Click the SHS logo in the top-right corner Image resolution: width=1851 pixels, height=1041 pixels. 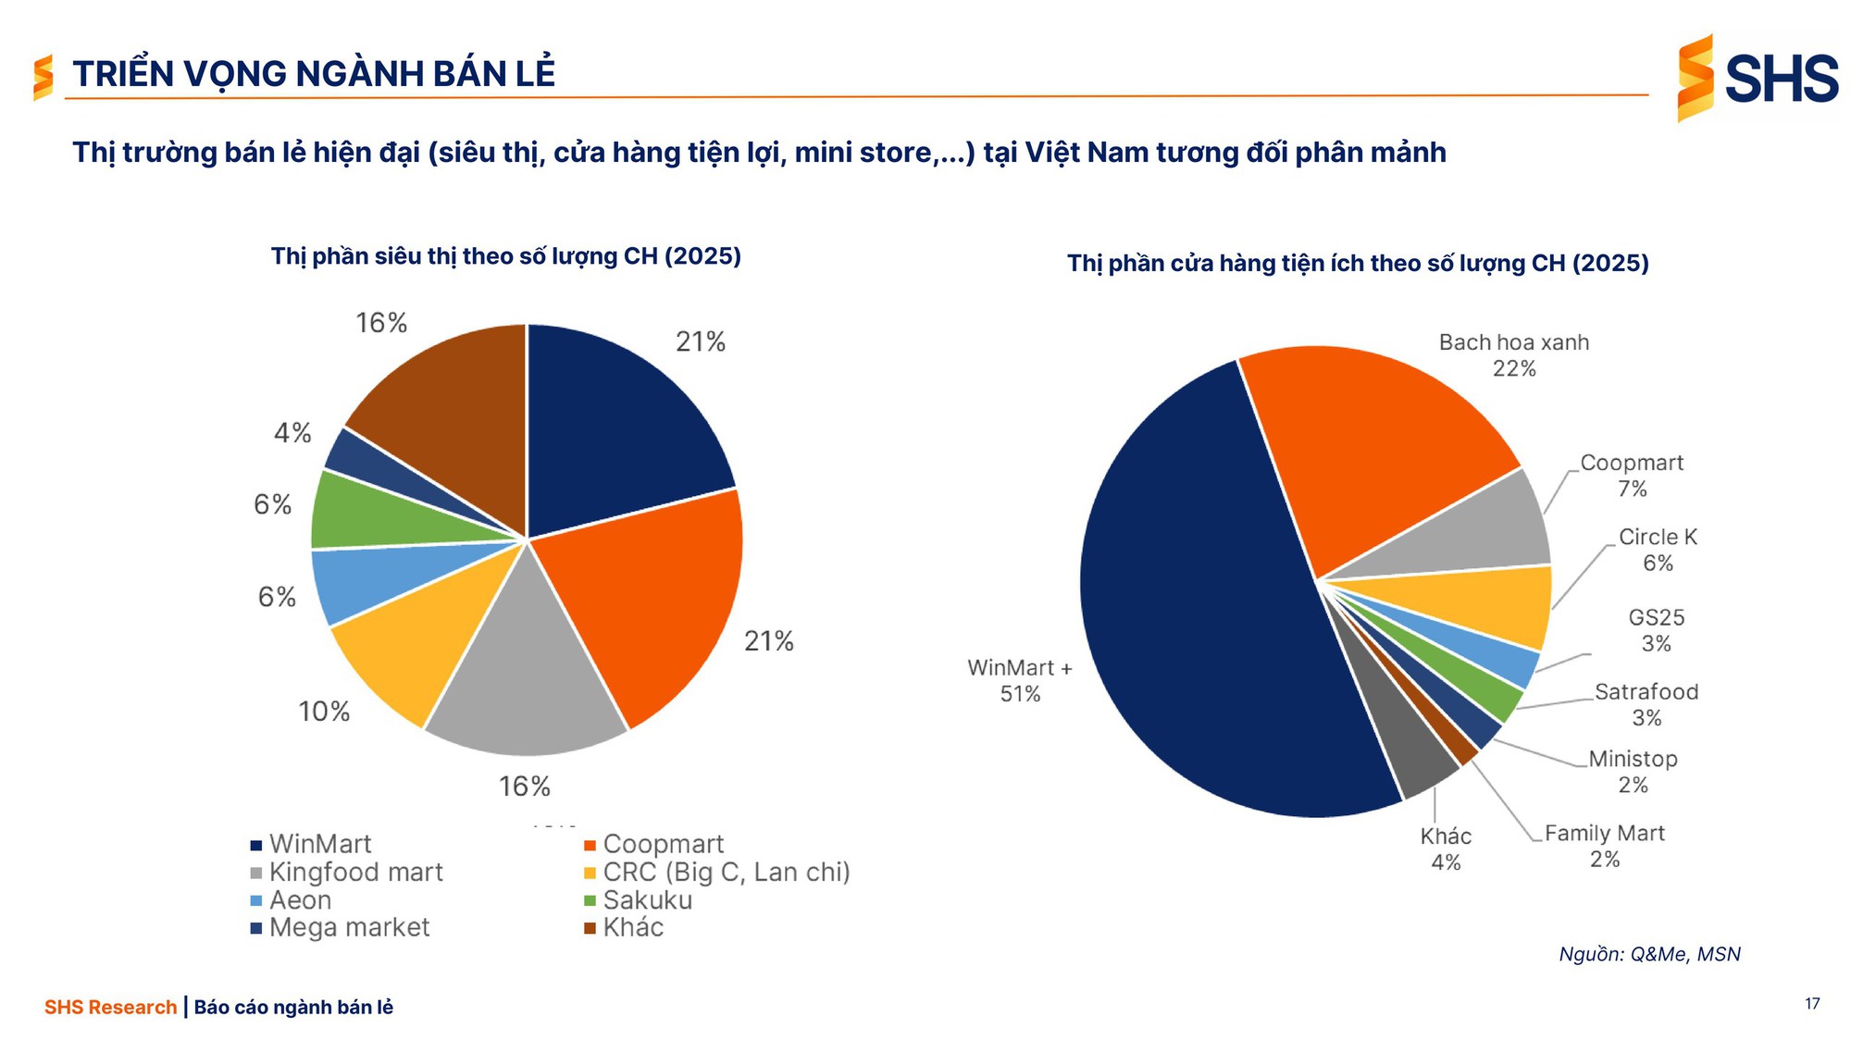(x=1757, y=78)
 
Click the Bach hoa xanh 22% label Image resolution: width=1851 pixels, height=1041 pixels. (x=1513, y=355)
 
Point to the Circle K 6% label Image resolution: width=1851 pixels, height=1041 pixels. (x=1657, y=550)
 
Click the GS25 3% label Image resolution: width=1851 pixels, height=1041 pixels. (x=1656, y=630)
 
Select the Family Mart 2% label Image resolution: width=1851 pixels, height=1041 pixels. (x=1604, y=846)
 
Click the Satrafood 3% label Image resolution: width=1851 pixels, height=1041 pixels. (x=1646, y=704)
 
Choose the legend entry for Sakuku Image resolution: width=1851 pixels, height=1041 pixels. (x=647, y=900)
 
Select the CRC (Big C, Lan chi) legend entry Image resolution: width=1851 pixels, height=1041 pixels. (x=726, y=873)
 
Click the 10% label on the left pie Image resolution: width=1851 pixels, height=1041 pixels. (x=324, y=712)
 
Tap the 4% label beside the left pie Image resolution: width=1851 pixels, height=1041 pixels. (x=292, y=433)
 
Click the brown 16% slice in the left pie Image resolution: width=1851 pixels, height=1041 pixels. (x=444, y=398)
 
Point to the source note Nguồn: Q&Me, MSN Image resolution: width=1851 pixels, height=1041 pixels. (x=1649, y=954)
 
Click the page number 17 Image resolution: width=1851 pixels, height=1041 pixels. (x=1811, y=1004)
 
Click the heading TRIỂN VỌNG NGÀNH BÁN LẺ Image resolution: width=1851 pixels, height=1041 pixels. (x=314, y=74)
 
